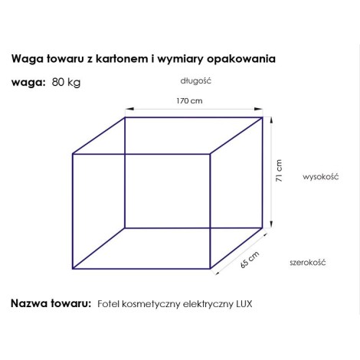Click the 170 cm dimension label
[x=189, y=101]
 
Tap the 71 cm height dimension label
[x=279, y=171]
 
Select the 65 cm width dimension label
[x=250, y=260]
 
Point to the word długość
[x=196, y=81]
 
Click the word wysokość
[x=320, y=177]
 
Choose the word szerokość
[x=308, y=262]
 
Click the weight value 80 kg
[x=66, y=82]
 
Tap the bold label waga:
[x=28, y=83]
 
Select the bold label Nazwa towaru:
[x=51, y=303]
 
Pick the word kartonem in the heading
[x=122, y=59]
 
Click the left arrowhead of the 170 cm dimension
[x=129, y=109]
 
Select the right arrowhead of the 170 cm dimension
[x=258, y=109]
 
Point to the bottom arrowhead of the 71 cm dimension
[x=271, y=224]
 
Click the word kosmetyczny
[x=152, y=304]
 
